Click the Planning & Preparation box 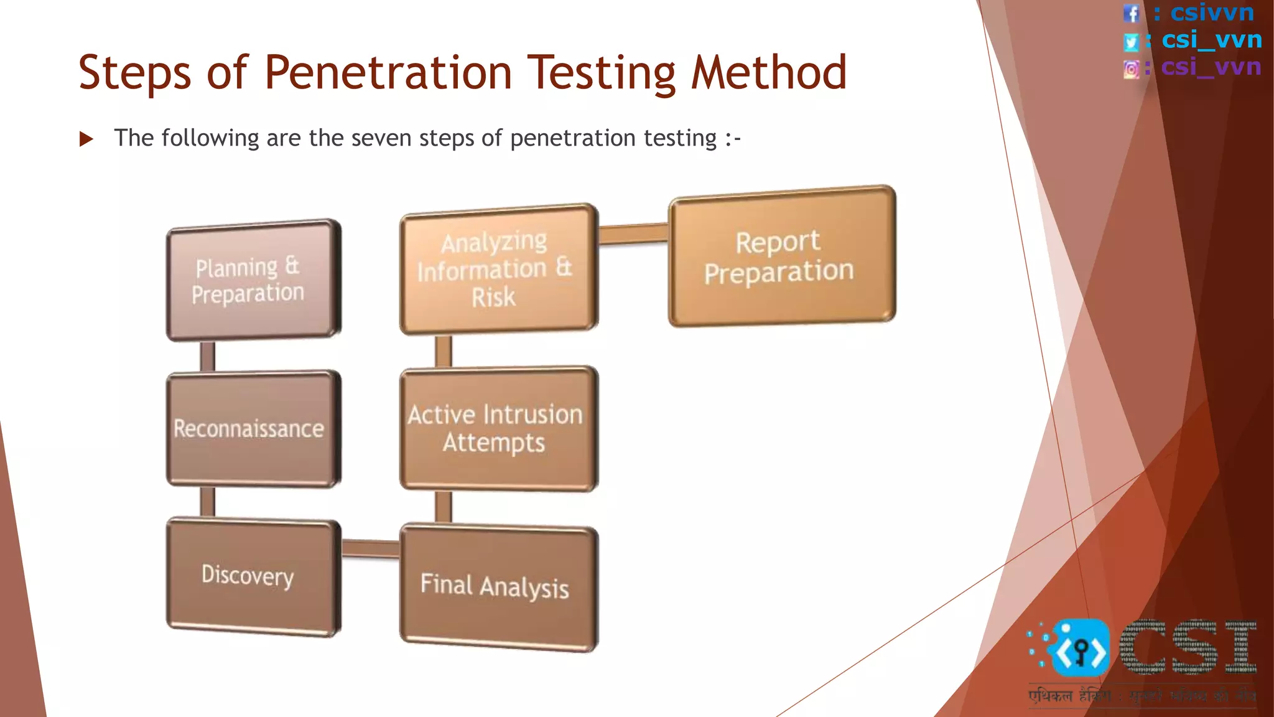(252, 280)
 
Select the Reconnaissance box (252, 428)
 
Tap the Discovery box (252, 576)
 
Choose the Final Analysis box (498, 586)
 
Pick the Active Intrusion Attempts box (498, 428)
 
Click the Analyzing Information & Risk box (498, 269)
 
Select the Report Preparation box (781, 256)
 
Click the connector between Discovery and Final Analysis (371, 548)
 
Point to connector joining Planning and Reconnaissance (208, 356)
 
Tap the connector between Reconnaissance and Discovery (208, 502)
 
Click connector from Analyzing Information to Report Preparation (633, 234)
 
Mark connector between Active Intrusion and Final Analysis (443, 507)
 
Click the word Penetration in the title (388, 72)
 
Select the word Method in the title (769, 72)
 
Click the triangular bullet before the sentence (86, 139)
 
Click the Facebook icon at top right (1132, 13)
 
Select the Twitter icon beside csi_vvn (1131, 42)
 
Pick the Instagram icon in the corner (1132, 68)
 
